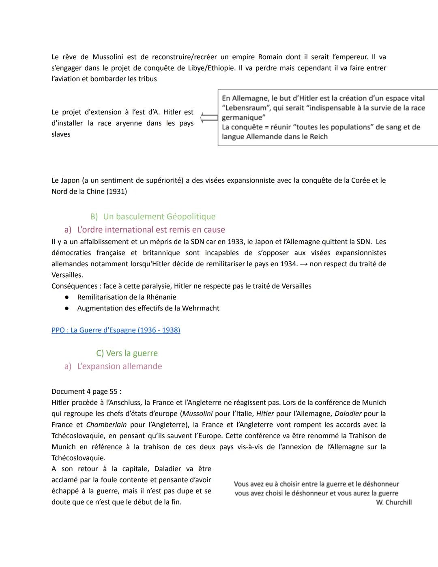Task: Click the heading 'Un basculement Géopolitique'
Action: [x=159, y=216]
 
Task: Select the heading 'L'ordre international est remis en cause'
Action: [x=151, y=230]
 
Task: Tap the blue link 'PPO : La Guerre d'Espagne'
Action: [x=116, y=330]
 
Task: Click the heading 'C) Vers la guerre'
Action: [x=127, y=353]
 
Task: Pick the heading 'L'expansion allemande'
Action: [x=119, y=366]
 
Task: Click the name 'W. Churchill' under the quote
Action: [x=393, y=502]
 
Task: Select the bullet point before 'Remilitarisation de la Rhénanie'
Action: [x=67, y=297]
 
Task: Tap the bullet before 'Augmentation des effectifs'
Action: [x=67, y=308]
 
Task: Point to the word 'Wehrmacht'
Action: [x=200, y=308]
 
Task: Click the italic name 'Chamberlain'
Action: [x=106, y=425]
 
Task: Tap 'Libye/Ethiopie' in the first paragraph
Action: [x=211, y=68]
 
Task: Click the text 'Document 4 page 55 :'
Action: [x=86, y=392]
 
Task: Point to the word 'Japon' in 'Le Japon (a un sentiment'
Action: [x=71, y=180]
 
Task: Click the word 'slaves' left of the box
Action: [x=61, y=134]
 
